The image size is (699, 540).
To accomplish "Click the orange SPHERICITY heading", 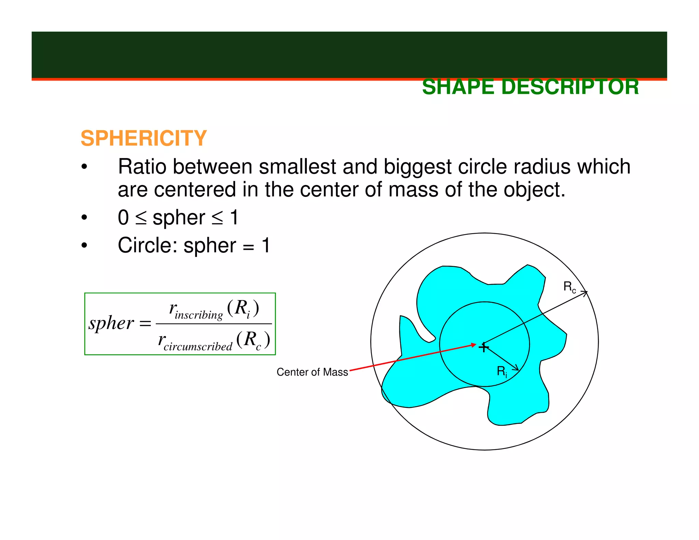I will [x=144, y=138].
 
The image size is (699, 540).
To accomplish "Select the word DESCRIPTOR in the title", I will [x=570, y=87].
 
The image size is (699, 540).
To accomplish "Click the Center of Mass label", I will [x=312, y=372].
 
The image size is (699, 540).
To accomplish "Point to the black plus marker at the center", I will [x=484, y=347].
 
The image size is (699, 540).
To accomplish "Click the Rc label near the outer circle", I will [x=569, y=287].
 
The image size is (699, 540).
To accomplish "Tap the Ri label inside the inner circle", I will [x=502, y=371].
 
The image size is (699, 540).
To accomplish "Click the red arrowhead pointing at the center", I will [x=473, y=345].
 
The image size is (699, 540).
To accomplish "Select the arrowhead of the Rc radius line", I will [x=585, y=293].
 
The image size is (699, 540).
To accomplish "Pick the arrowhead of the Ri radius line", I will [x=516, y=368].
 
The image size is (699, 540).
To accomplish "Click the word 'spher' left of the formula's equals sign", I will [x=111, y=323].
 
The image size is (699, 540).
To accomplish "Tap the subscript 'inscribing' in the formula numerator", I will [x=199, y=315].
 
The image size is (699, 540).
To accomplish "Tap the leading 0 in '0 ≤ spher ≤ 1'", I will [x=123, y=218].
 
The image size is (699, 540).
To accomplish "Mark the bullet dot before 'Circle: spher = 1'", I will [x=84, y=245].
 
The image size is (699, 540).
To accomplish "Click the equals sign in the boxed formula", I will [x=145, y=324].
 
